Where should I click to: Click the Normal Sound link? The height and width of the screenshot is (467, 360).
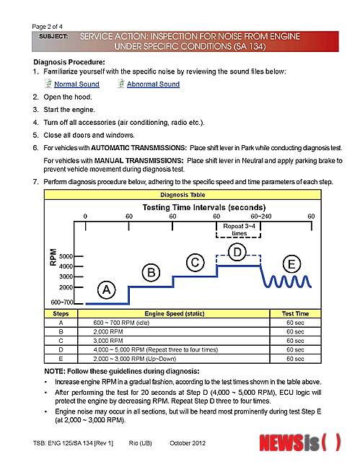pos(76,84)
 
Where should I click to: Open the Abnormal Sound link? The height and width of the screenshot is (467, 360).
pos(153,84)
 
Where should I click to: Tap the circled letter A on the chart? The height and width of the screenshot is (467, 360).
pos(106,289)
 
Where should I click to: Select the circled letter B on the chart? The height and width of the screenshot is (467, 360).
pos(151,273)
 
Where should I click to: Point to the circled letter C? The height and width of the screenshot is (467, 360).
pos(195,263)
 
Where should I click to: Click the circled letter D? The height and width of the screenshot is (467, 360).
pos(237,252)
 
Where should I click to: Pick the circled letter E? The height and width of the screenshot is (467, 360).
pos(291,264)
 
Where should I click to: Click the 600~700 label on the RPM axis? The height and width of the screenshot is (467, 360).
pos(61,302)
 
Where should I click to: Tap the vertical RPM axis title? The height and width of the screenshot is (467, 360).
pos(53,257)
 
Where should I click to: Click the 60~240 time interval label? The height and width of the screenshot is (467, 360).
pos(261,217)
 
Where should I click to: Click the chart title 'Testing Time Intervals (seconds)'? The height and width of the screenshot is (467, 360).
pos(204,207)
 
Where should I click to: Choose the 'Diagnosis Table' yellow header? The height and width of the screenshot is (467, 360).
pos(183,195)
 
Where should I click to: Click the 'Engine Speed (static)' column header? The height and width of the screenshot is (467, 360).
pos(175,313)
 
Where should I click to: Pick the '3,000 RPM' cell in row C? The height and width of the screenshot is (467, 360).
pos(107,341)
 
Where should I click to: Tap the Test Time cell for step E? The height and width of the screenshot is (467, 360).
pos(295,359)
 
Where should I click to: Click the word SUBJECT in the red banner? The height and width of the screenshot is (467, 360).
pos(53,36)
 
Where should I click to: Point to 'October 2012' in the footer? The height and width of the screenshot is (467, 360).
pos(188,443)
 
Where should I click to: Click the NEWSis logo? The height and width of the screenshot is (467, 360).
pos(300,442)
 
